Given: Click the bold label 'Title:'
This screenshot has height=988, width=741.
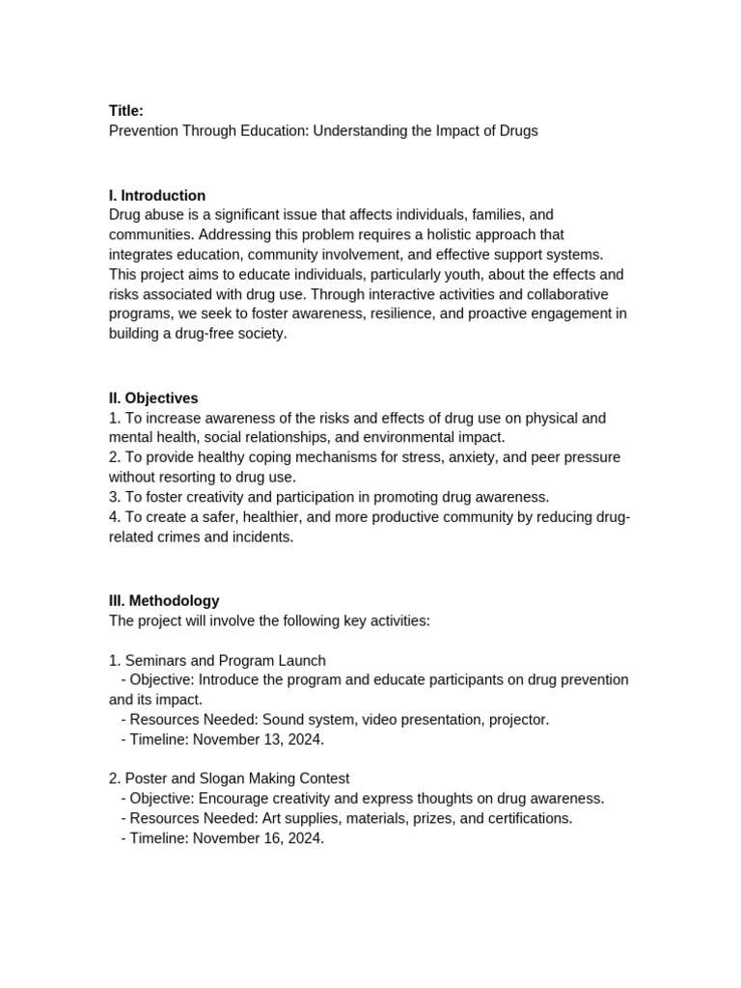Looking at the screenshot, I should [126, 111].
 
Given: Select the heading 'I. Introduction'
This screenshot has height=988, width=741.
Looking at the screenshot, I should [157, 195].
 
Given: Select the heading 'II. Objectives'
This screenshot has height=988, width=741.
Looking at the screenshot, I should [153, 398].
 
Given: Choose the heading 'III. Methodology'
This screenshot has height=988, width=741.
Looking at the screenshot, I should [164, 600].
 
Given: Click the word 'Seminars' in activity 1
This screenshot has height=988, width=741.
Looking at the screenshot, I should [154, 660].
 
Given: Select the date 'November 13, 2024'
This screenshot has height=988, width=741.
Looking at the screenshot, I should [258, 739].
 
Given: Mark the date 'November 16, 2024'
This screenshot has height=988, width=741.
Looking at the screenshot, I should [258, 838].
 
